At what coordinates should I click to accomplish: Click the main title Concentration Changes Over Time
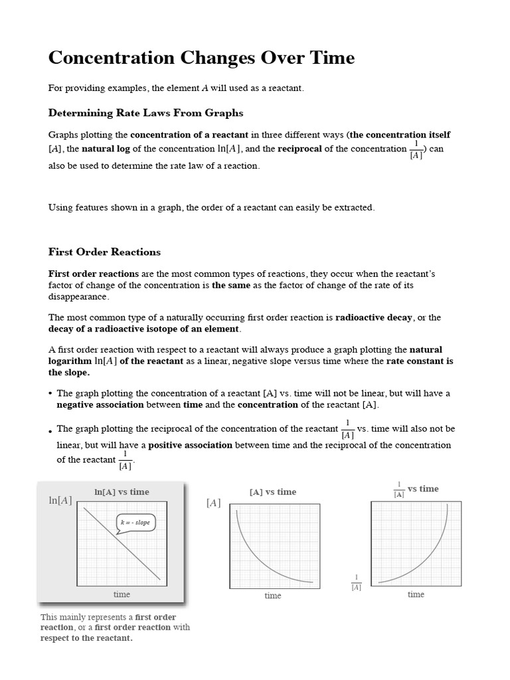pyautogui.click(x=201, y=58)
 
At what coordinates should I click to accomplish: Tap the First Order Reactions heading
pyautogui.click(x=104, y=252)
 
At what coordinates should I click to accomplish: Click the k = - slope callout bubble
pyautogui.click(x=135, y=523)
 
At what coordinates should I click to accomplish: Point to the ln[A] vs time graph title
pyautogui.click(x=122, y=492)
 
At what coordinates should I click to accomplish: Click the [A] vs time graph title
pyautogui.click(x=272, y=492)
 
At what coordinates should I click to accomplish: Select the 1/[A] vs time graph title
pyautogui.click(x=416, y=489)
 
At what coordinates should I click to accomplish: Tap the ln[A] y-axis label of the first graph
pyautogui.click(x=60, y=500)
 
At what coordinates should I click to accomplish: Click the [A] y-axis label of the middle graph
pyautogui.click(x=213, y=503)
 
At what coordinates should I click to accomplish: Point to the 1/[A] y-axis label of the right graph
pyautogui.click(x=356, y=582)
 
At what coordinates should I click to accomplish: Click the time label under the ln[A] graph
pyautogui.click(x=122, y=594)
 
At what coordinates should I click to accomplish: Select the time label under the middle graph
pyautogui.click(x=273, y=596)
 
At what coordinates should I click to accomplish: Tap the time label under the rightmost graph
pyautogui.click(x=416, y=594)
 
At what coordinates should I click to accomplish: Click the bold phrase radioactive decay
pyautogui.click(x=374, y=317)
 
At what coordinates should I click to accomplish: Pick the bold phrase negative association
pyautogui.click(x=100, y=404)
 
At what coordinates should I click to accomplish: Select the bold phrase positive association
pyautogui.click(x=190, y=445)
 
